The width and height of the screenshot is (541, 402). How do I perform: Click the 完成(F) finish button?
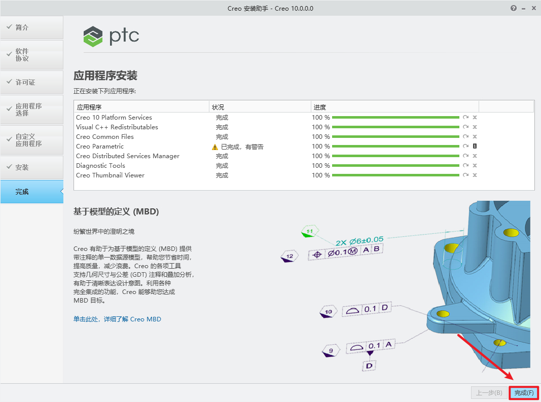point(524,393)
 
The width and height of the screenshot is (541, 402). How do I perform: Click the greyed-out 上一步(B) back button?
point(489,393)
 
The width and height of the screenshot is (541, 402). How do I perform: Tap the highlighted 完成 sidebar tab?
point(32,192)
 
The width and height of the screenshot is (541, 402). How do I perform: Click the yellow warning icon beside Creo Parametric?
point(215,147)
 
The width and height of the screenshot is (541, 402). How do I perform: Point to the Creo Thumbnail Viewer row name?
point(110,175)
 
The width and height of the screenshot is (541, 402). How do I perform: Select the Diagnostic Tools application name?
point(100,166)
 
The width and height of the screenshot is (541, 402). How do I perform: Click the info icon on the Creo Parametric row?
point(475,146)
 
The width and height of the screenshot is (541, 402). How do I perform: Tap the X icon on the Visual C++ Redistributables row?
point(475,127)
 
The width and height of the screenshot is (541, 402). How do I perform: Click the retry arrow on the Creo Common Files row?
point(466,137)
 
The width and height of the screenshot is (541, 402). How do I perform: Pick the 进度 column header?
point(319,107)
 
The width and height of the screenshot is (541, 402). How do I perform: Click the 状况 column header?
point(218,107)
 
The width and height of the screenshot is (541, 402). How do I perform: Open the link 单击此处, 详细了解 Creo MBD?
point(117,319)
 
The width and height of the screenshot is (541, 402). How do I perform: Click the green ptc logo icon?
point(93,36)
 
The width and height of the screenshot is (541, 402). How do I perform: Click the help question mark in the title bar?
point(514,8)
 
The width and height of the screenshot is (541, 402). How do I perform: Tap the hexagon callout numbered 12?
point(289,257)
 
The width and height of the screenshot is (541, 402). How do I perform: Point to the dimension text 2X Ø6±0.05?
point(359,240)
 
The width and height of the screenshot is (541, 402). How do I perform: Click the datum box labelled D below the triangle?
point(369,366)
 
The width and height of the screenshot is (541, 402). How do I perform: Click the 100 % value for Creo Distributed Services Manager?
point(321,156)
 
